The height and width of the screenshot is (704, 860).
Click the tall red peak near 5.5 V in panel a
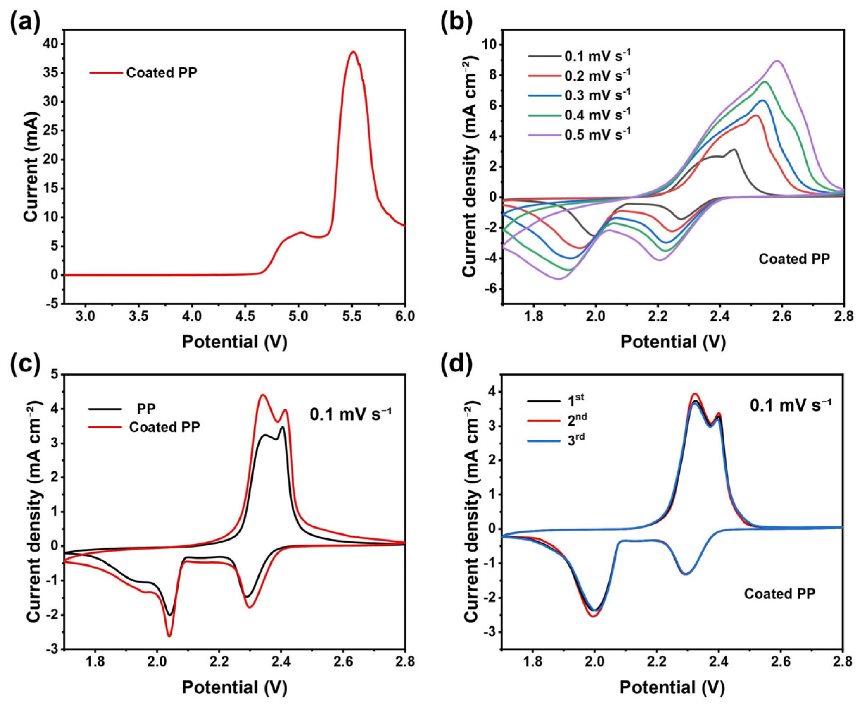pos(353,52)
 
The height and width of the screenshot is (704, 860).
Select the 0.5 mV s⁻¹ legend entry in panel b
pos(579,134)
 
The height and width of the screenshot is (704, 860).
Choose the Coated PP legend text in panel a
pos(162,73)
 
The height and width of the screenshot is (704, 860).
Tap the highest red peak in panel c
pos(263,395)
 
